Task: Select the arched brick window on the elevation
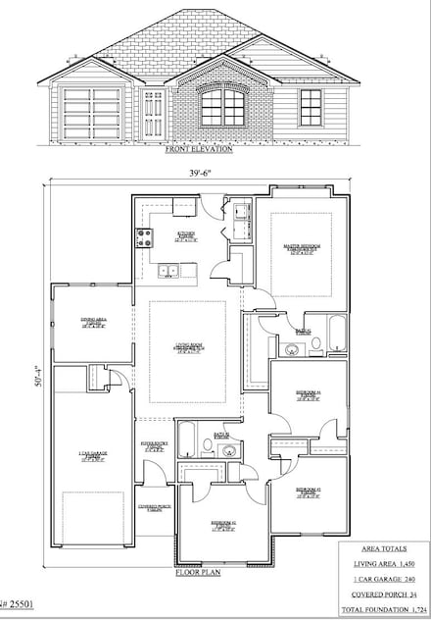coord(223,107)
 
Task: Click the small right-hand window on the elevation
coord(311,107)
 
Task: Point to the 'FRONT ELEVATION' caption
coord(200,150)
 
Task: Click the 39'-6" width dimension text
coord(202,173)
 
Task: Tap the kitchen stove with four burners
coord(144,236)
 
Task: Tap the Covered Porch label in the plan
coord(150,507)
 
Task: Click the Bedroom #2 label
coord(222,525)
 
